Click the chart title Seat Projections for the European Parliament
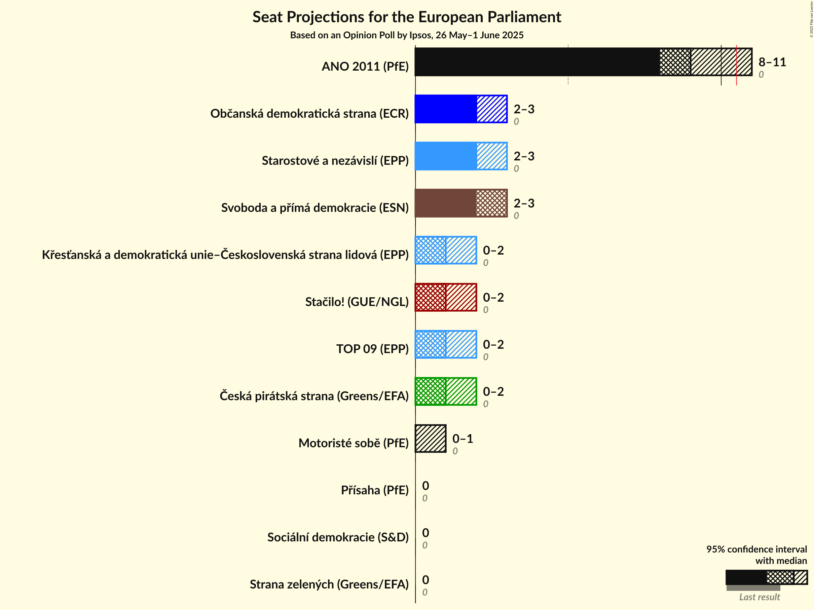tap(407, 17)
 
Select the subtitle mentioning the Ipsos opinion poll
tap(407, 35)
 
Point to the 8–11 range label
tap(772, 62)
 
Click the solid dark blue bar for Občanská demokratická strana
tap(446, 109)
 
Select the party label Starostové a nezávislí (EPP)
tap(335, 160)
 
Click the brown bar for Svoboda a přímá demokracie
tap(445, 203)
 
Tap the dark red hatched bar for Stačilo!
tap(446, 297)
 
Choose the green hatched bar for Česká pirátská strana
tap(446, 391)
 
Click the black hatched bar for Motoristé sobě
tap(431, 439)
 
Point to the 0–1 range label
tap(462, 439)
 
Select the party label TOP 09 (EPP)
tap(372, 349)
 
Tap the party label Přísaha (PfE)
tap(375, 490)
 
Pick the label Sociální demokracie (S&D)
tap(338, 537)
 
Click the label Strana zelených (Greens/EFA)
tap(329, 584)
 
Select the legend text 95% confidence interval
tap(756, 549)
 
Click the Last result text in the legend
tap(759, 597)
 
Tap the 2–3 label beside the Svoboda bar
tap(524, 203)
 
